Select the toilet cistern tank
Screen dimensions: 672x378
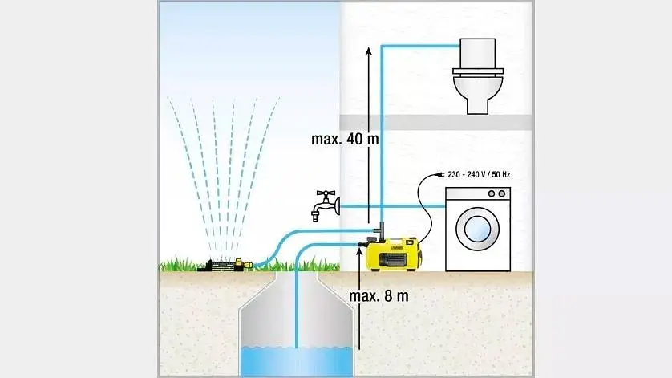pyautogui.click(x=477, y=54)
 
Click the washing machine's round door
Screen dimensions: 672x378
pyautogui.click(x=477, y=229)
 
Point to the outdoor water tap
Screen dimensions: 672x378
pyautogui.click(x=325, y=206)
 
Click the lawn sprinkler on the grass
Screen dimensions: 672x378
pyautogui.click(x=225, y=264)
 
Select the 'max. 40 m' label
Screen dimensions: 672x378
pyautogui.click(x=345, y=140)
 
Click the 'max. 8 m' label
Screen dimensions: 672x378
pyautogui.click(x=379, y=296)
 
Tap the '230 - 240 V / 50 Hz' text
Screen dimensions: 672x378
pyautogui.click(x=479, y=175)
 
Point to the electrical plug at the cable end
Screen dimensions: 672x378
pyautogui.click(x=439, y=175)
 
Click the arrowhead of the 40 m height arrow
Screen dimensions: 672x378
pyautogui.click(x=369, y=51)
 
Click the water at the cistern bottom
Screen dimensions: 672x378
pyautogui.click(x=297, y=361)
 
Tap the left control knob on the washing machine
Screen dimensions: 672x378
pyautogui.click(x=492, y=194)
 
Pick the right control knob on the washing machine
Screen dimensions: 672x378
pyautogui.click(x=501, y=194)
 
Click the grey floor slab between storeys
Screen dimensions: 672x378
pyautogui.click(x=436, y=122)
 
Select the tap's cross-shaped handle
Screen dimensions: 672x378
pyautogui.click(x=326, y=195)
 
